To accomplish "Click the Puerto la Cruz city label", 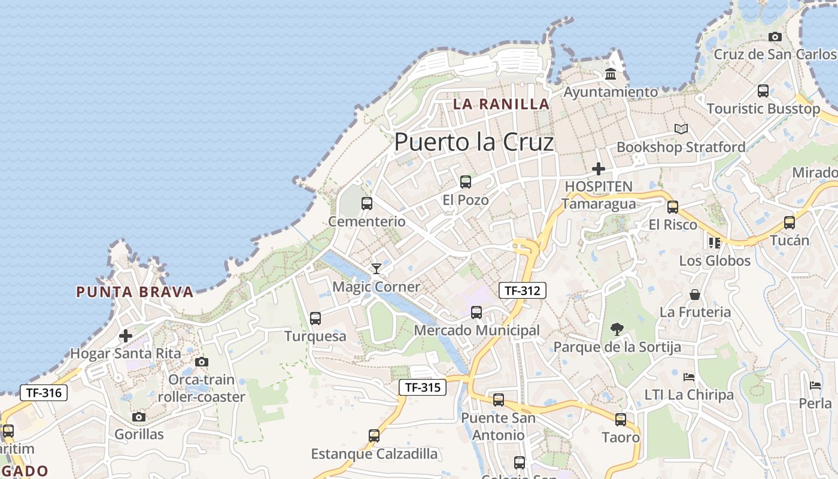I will tap(473, 143).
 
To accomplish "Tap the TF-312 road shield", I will tap(522, 291).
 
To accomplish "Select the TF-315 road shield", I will tap(423, 387).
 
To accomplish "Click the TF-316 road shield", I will tap(44, 393).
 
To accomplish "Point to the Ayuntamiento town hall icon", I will tap(611, 74).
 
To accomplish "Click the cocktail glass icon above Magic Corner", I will tap(376, 268).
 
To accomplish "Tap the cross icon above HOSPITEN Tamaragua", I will tap(598, 169).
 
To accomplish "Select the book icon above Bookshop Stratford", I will tap(681, 129).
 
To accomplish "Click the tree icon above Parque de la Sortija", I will tap(617, 329).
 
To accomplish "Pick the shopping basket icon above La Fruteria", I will tap(695, 295).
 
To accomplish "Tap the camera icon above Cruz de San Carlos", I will tap(775, 37).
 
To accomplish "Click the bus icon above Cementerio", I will tap(367, 204).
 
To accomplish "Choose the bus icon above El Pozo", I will tap(465, 182).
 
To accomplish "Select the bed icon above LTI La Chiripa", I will tap(689, 377).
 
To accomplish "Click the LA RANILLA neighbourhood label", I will tap(501, 104).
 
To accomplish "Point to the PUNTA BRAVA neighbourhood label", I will tap(135, 292).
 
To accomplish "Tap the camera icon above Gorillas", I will tap(139, 417).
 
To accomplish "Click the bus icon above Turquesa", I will tap(315, 319).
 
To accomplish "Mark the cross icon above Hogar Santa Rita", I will tap(125, 336).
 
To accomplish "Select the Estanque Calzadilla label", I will tap(374, 454).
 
